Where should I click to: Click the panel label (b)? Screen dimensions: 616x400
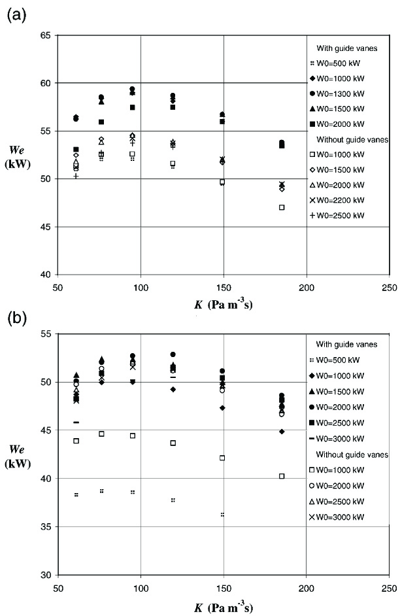pyautogui.click(x=16, y=318)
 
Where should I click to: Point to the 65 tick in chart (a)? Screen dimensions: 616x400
pyautogui.click(x=46, y=35)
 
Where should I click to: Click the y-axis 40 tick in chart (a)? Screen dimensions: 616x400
pyautogui.click(x=46, y=275)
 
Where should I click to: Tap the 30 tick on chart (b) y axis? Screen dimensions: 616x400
pyautogui.click(x=46, y=575)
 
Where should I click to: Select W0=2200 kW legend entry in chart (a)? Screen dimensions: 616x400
pyautogui.click(x=346, y=200)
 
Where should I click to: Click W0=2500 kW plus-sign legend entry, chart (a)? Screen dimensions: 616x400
pyautogui.click(x=346, y=215)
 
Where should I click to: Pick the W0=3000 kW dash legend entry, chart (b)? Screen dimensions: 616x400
pyautogui.click(x=346, y=439)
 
